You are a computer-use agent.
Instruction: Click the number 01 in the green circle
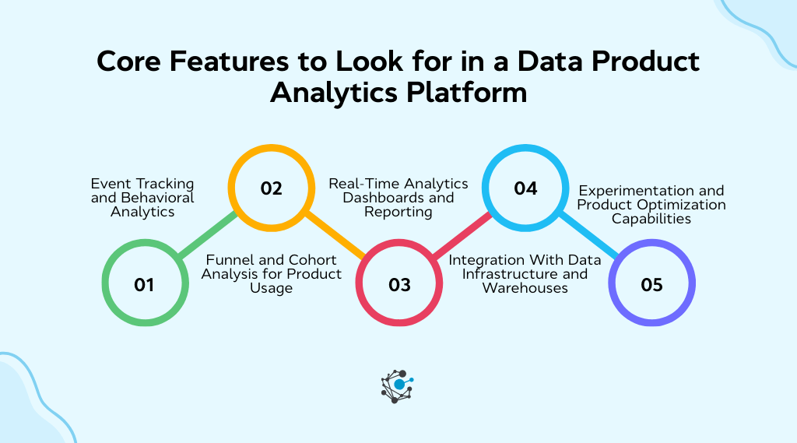[144, 285]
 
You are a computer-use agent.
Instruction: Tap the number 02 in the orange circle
[271, 188]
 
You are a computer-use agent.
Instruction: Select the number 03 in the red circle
[399, 285]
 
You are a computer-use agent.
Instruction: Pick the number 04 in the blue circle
[526, 188]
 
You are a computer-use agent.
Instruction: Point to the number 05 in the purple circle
[652, 285]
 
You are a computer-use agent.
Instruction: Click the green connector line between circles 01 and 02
[207, 235]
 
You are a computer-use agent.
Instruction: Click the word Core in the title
[131, 62]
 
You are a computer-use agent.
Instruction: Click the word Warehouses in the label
[525, 288]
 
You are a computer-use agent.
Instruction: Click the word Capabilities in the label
[651, 219]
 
